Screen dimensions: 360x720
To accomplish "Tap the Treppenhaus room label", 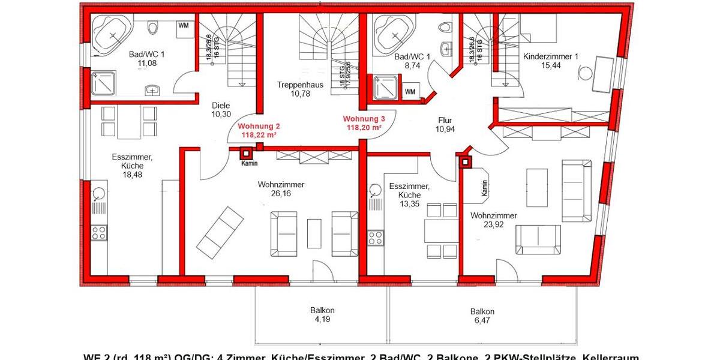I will click(300, 85).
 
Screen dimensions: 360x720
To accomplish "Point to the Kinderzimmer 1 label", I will click(550, 56).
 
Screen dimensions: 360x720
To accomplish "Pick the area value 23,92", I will click(493, 225).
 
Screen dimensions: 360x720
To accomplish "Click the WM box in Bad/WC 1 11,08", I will click(183, 25).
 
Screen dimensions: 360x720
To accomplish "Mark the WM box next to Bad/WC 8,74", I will click(410, 92).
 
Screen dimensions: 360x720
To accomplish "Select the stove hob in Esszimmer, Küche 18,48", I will click(98, 233).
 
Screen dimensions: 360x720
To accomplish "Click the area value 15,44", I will click(550, 65).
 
